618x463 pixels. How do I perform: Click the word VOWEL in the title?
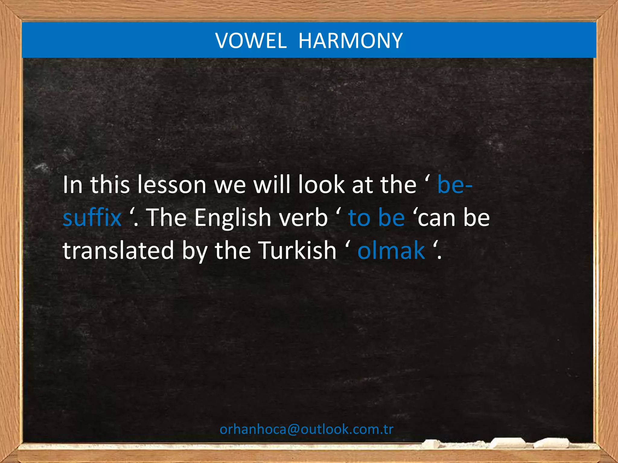[x=251, y=41]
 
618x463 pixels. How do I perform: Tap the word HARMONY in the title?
[x=350, y=41]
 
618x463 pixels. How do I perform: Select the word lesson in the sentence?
[x=171, y=185]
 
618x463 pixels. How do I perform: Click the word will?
[x=274, y=185]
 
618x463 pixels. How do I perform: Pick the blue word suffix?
[x=92, y=218]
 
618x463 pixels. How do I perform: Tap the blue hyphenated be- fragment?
[x=454, y=185]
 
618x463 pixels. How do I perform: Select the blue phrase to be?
[x=376, y=218]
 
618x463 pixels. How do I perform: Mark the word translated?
[x=118, y=250]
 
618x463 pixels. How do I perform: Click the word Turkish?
[x=298, y=250]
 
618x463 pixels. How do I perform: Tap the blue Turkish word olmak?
[x=391, y=250]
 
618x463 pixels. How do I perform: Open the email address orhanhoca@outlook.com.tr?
[x=307, y=429]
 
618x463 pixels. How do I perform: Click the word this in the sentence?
[x=110, y=185]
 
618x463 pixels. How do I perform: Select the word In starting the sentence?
[x=72, y=185]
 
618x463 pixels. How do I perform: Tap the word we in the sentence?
[x=230, y=185]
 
